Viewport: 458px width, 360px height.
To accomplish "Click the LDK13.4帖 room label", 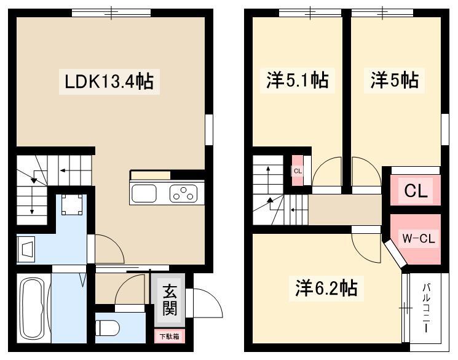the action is (x=109, y=82).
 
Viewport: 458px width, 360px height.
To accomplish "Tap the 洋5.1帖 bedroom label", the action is (x=298, y=80).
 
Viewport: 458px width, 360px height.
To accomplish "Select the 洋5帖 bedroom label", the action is (x=394, y=80).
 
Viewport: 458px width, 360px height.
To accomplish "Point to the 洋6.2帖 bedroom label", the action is (x=326, y=288).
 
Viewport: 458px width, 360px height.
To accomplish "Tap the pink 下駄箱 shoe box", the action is (x=170, y=337).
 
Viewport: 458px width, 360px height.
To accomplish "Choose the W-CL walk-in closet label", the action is (x=419, y=239).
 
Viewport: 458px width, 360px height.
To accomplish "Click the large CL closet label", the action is (x=416, y=191).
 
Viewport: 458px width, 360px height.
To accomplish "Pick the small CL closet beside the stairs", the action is (x=298, y=171).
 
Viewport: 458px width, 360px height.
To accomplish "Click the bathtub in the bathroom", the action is (x=33, y=308).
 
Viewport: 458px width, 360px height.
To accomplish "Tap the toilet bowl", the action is (x=107, y=328).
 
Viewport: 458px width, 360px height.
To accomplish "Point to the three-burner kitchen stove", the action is (x=183, y=193).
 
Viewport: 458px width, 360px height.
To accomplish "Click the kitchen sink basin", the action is (x=144, y=193).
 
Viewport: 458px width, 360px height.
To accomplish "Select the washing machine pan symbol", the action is (x=72, y=205).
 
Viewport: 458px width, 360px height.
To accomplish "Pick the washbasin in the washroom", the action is (x=26, y=249).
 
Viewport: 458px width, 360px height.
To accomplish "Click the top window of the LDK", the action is (x=111, y=13).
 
